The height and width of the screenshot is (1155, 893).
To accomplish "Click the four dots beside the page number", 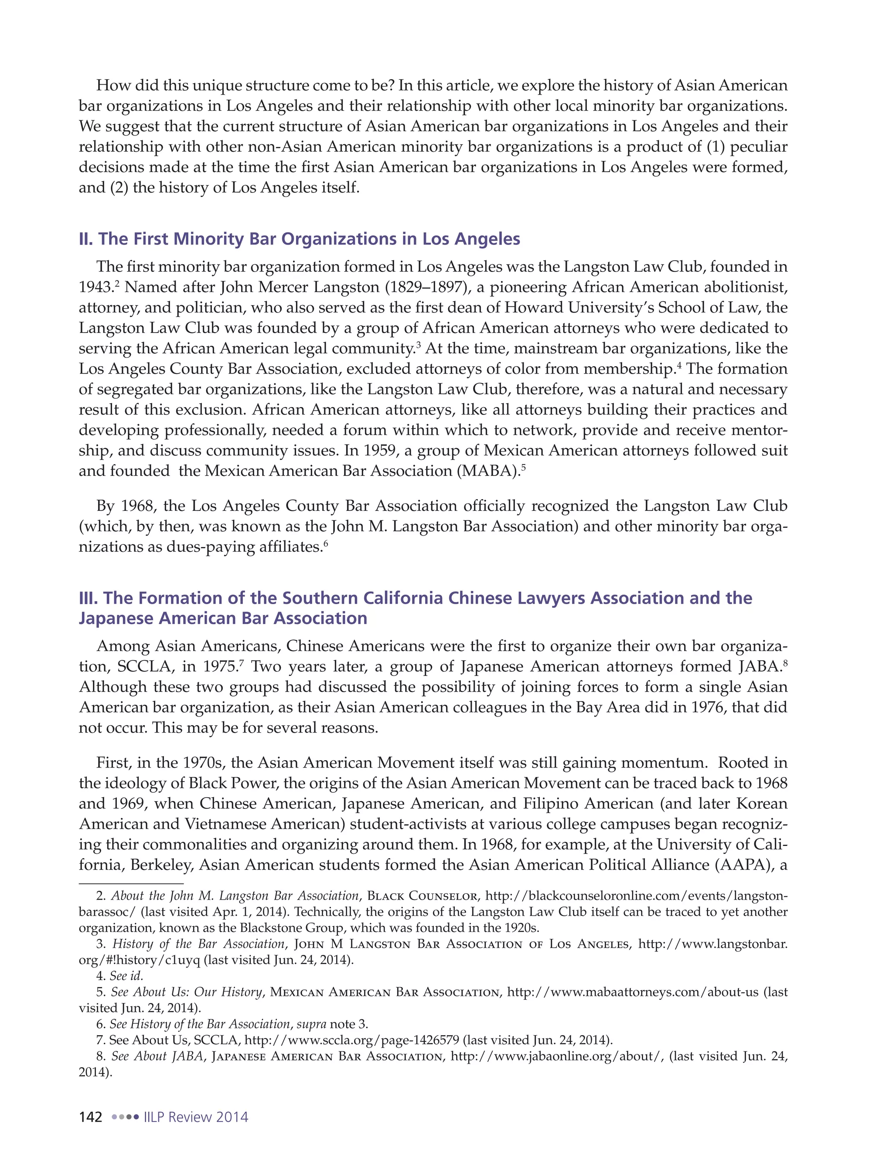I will pyautogui.click(x=126, y=1117).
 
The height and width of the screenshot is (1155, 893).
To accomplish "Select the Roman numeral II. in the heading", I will pyautogui.click(x=86, y=238).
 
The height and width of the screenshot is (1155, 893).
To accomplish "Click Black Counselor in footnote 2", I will pyautogui.click(x=422, y=896).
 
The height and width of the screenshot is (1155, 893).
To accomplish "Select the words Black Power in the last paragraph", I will pyautogui.click(x=233, y=783).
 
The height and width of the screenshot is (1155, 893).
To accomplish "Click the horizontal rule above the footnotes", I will pyautogui.click(x=131, y=883).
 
